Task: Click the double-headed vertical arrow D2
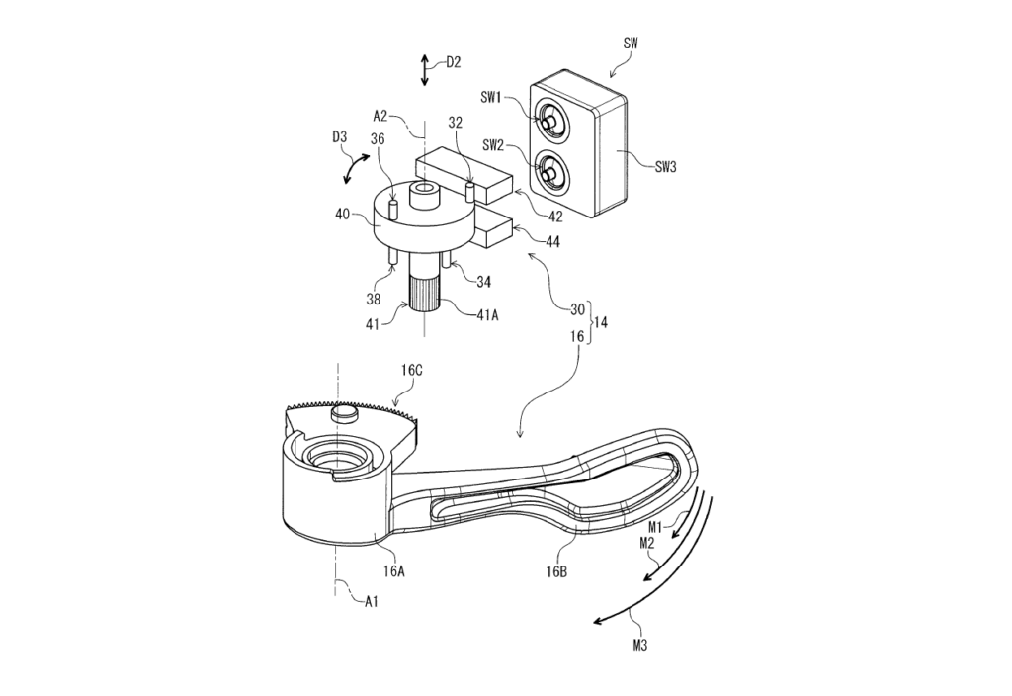pos(424,71)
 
